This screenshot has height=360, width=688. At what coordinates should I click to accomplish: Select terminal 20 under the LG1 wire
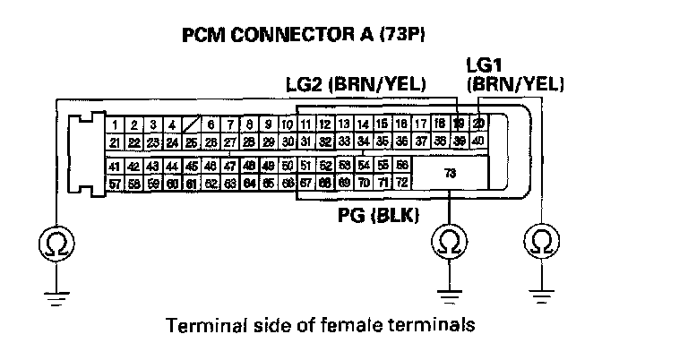(478, 124)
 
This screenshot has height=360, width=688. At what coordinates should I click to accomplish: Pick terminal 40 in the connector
(478, 141)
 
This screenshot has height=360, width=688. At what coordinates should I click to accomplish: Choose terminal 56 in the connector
(402, 167)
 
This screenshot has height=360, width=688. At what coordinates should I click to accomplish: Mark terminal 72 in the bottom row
(402, 183)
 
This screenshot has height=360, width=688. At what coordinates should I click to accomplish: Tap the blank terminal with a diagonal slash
(191, 124)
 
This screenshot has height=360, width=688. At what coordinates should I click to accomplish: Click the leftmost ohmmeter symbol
(55, 242)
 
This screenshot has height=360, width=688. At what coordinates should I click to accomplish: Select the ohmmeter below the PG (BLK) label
(449, 242)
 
